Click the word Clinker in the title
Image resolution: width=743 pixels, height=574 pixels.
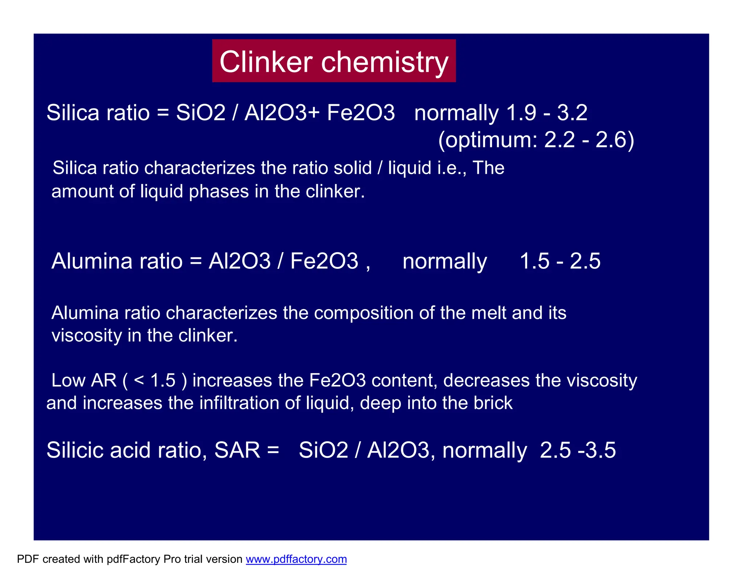[266, 62]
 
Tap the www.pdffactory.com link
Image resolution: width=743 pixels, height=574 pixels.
[296, 559]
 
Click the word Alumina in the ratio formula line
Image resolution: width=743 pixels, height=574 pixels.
[92, 261]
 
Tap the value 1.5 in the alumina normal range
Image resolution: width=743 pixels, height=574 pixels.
[534, 261]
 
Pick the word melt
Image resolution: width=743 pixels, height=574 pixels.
[488, 313]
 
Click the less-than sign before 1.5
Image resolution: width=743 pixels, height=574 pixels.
[139, 381]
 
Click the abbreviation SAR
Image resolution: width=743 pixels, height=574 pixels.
[237, 450]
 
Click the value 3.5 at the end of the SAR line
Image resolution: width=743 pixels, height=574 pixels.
[600, 450]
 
